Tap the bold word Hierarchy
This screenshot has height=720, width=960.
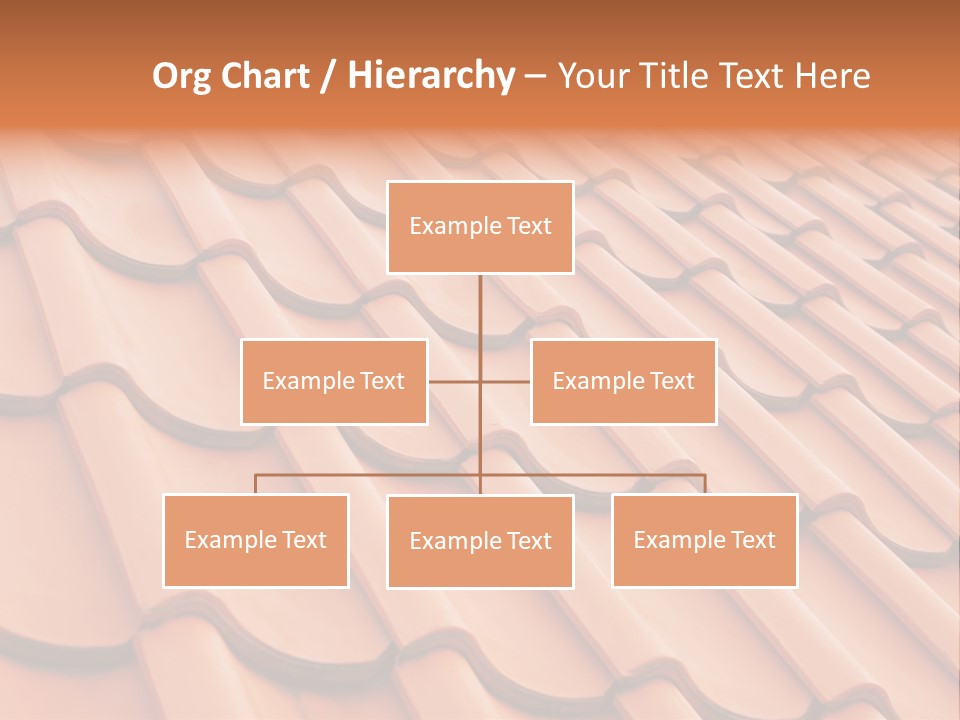430,76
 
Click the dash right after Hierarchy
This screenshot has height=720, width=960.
535,77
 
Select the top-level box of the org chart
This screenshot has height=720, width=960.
480,227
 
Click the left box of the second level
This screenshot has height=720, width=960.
334,381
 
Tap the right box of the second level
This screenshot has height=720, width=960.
623,381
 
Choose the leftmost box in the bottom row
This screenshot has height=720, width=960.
256,540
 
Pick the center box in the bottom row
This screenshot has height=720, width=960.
480,541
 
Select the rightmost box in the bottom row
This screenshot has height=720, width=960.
704,540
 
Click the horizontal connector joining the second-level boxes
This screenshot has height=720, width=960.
455,381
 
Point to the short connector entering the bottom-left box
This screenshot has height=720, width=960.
256,484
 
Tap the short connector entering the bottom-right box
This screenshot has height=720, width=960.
704,484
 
